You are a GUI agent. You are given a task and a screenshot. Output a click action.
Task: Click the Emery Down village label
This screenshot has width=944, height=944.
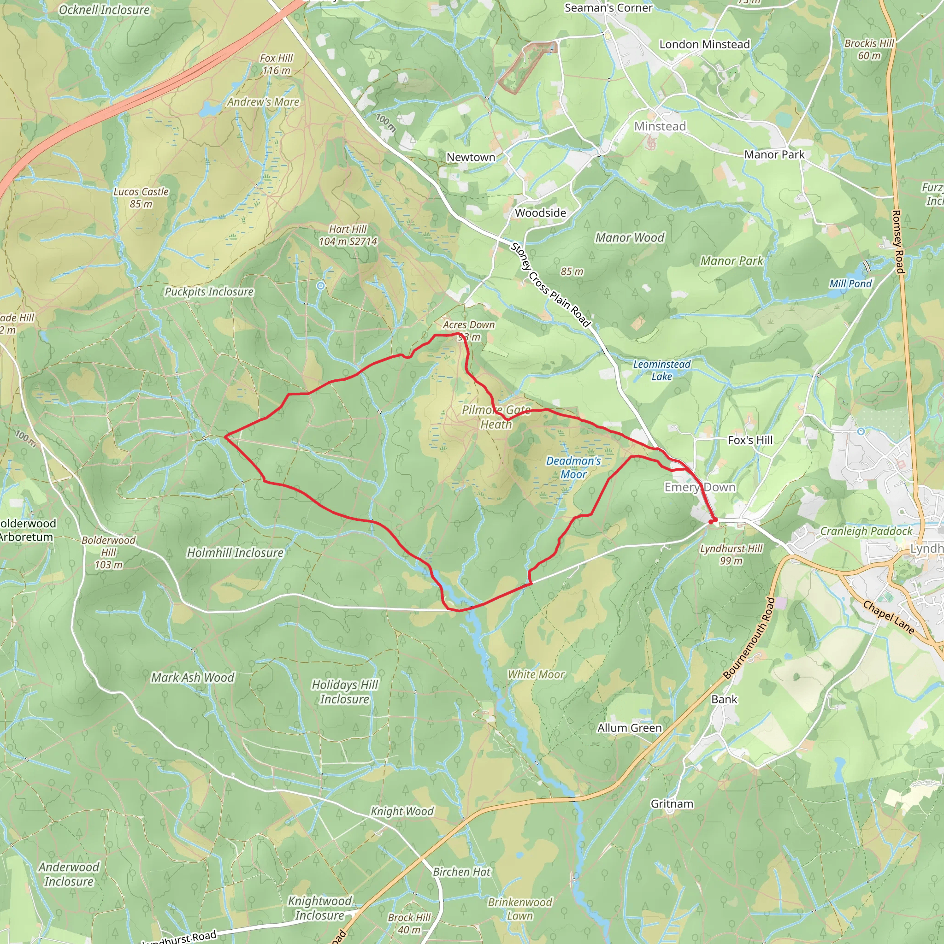click(700, 487)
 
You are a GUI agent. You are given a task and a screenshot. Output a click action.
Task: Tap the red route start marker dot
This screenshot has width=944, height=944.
click(711, 521)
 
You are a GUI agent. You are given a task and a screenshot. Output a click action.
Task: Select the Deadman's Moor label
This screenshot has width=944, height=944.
click(573, 467)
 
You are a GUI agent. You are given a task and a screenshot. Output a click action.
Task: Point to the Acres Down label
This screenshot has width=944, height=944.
click(468, 325)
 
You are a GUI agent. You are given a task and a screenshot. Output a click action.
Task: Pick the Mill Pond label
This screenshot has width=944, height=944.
click(850, 284)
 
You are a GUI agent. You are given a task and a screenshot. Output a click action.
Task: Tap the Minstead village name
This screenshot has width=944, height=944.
click(660, 127)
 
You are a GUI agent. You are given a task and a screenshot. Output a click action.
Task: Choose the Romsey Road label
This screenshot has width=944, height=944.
click(897, 242)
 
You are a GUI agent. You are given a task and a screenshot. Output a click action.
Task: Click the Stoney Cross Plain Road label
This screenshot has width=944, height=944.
click(550, 285)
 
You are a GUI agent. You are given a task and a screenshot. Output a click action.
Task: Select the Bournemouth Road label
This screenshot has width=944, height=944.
click(749, 638)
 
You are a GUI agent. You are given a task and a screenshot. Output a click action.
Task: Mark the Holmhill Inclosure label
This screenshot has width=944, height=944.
click(235, 553)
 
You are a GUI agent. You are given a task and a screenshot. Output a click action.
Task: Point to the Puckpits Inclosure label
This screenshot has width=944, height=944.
click(209, 292)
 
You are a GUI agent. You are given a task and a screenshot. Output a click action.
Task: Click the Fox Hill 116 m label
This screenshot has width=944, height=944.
click(277, 64)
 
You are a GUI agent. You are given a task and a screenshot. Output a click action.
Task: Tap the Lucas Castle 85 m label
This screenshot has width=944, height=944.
click(141, 198)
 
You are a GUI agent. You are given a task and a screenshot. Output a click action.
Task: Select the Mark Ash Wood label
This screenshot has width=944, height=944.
click(193, 677)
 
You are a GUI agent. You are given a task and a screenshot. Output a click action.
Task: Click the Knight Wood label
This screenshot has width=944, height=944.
click(402, 811)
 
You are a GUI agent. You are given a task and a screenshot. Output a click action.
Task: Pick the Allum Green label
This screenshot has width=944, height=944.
click(629, 728)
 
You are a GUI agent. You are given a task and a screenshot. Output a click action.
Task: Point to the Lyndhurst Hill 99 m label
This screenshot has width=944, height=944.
click(731, 555)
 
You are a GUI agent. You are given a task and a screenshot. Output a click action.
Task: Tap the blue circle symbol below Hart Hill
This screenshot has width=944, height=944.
click(320, 286)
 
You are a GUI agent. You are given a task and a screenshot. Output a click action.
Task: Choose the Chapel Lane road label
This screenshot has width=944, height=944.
click(888, 617)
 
